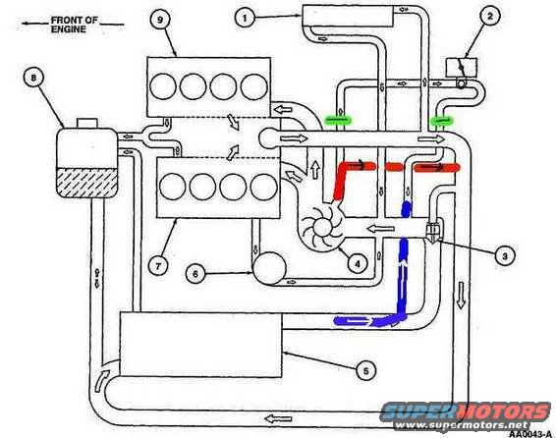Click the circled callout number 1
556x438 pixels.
[247, 17]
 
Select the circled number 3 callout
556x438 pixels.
[505, 255]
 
